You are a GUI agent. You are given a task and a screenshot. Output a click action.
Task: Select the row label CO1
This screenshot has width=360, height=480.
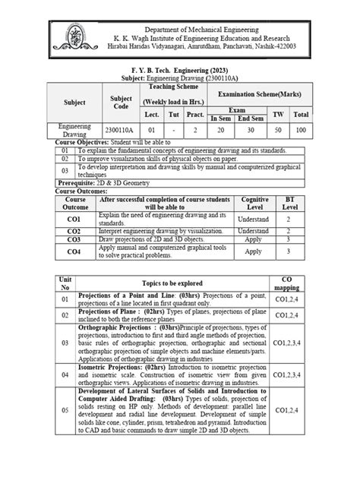[x=73, y=219]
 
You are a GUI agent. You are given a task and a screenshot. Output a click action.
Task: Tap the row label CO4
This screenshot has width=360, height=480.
[x=73, y=251]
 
